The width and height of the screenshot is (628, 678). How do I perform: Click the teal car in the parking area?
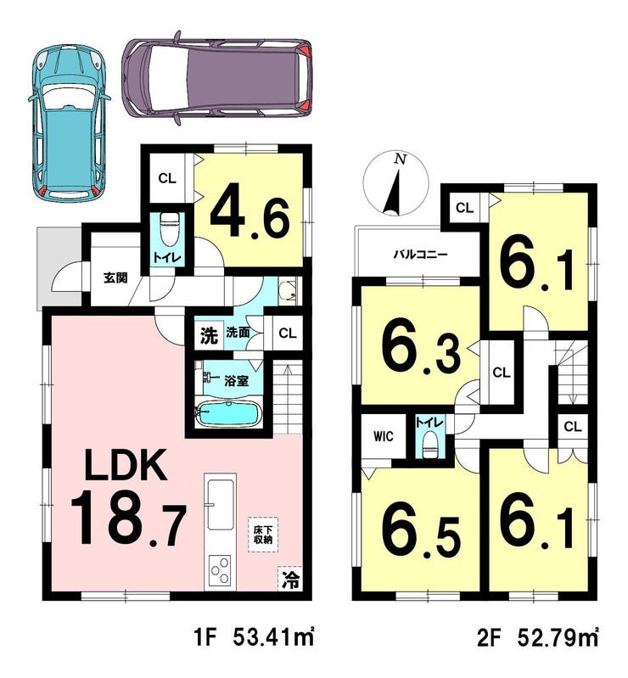[69, 123]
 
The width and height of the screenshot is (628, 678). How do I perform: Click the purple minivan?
[216, 78]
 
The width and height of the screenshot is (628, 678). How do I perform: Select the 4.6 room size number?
[250, 215]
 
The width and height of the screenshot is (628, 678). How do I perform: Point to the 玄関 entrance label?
[115, 277]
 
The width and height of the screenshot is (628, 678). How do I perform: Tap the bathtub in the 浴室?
[229, 415]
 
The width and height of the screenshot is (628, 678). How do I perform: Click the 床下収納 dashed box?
[263, 535]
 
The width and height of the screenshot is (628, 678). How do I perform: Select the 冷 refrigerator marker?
[290, 580]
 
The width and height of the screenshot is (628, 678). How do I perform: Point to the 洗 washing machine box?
[209, 335]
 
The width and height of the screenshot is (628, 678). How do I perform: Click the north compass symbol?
[396, 185]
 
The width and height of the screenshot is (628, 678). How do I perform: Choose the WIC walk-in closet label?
[384, 436]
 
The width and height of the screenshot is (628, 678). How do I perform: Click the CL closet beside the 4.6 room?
[167, 178]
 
